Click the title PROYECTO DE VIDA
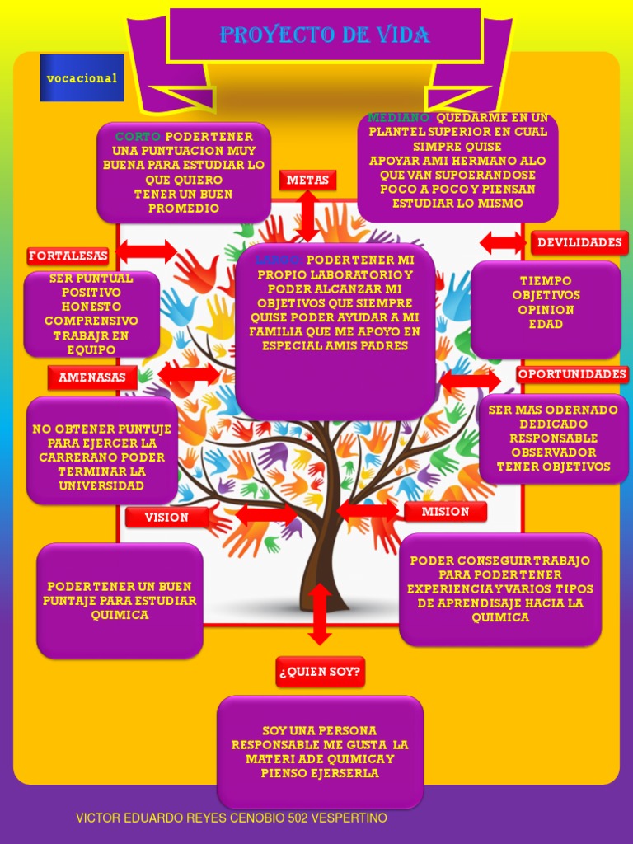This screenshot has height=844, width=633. [x=325, y=35]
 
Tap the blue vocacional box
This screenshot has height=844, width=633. [x=82, y=78]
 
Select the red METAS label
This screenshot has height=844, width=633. [x=307, y=180]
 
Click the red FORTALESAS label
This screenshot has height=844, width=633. [x=68, y=256]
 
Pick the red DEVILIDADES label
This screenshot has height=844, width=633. [x=579, y=242]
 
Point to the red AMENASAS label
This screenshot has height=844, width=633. [x=91, y=377]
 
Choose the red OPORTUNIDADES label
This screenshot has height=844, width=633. [x=572, y=374]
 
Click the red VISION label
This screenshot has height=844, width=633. [x=166, y=518]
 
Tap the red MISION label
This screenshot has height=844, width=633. [x=445, y=512]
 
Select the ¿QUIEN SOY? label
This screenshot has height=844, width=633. [x=320, y=671]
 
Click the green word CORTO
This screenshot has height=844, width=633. [x=138, y=136]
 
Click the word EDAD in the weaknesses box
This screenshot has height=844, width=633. [x=546, y=324]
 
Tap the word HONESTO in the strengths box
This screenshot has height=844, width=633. [x=91, y=307]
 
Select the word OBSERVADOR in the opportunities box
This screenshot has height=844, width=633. [x=553, y=452]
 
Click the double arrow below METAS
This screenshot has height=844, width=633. [x=307, y=215]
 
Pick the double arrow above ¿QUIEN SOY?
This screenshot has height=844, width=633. [x=319, y=614]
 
